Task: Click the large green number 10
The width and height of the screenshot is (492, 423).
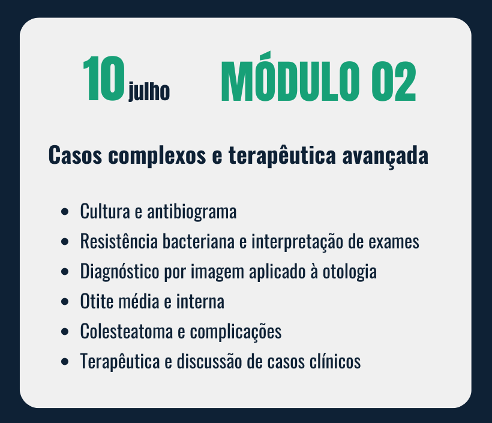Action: point(104,79)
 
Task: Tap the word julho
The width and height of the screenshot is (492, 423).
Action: point(149,91)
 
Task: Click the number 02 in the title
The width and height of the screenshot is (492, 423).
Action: point(394,81)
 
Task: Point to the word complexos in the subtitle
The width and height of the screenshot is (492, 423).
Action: point(157,155)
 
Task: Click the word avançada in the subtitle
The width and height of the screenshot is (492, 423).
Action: point(385,156)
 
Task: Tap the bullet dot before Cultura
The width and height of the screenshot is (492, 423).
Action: point(65,212)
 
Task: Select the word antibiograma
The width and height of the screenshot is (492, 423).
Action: point(192,211)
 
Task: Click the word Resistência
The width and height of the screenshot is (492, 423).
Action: point(119,241)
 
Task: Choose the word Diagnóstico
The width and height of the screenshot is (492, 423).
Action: point(119,271)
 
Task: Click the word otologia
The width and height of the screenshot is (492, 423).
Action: point(350,271)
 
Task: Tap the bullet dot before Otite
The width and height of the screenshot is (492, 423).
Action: point(65,302)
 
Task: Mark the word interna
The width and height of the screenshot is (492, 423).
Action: point(200,302)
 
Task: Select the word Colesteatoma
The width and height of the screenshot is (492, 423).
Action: point(127,331)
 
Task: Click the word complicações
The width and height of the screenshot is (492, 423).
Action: point(236,332)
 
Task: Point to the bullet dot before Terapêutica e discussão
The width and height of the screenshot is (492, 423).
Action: point(65,362)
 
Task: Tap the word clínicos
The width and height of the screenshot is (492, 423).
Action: point(335,361)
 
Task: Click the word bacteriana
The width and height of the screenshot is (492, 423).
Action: point(199,241)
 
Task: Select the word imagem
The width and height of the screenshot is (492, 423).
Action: point(217,272)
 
